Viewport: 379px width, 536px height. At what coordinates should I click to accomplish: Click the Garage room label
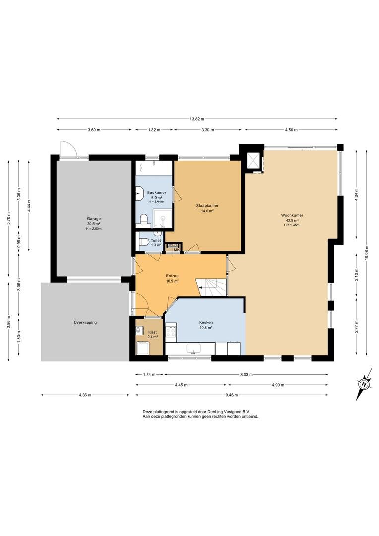pos(94,219)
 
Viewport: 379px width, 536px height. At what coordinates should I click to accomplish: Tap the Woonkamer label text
pos(292,216)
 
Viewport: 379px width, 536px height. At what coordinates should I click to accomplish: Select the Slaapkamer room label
pos(207,206)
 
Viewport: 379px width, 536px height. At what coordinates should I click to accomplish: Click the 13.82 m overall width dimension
pos(197,119)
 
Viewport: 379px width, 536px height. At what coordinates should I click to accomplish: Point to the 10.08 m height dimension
pos(367,253)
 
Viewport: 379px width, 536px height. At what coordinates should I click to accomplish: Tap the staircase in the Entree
pos(211,287)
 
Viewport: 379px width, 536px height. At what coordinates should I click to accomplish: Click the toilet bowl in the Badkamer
pos(144,220)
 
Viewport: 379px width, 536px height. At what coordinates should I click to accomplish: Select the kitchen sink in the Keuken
pos(193,349)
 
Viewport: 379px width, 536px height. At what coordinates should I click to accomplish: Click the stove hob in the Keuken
pos(171,331)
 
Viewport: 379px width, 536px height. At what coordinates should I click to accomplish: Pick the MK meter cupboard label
pos(176,250)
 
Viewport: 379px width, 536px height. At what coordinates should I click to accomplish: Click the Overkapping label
pos(85,322)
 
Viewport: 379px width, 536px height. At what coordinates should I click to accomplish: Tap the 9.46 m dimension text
pos(231,395)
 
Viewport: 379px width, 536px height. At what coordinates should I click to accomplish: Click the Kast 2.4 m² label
pos(152,335)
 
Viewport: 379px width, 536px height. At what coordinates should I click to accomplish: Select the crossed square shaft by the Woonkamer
pos(253,161)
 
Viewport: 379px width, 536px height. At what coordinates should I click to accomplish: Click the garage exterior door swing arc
pos(70,145)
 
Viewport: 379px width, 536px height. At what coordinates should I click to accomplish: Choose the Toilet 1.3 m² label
pos(156,243)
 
